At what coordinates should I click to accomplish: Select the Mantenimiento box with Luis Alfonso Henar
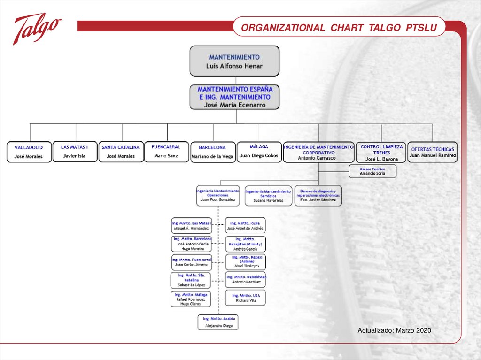point(234,61)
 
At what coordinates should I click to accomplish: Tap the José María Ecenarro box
point(234,97)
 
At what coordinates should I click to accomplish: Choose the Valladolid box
point(29,152)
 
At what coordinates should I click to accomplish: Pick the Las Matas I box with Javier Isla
point(74,151)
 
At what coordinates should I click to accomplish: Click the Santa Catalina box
point(121,152)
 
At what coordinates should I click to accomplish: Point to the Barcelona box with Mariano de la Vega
point(212,152)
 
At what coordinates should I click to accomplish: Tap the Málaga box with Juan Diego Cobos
point(259,151)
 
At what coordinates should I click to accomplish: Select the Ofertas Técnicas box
point(433,152)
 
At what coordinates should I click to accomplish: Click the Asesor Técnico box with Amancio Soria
point(372,171)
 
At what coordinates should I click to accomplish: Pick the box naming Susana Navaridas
point(268,196)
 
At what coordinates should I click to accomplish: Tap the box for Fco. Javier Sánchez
point(318,196)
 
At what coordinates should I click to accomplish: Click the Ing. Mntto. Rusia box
point(245,225)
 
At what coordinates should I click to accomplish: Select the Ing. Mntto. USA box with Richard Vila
point(245,298)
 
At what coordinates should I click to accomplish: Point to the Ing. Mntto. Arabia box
point(218,322)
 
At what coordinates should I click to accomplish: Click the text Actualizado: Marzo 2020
point(394,331)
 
